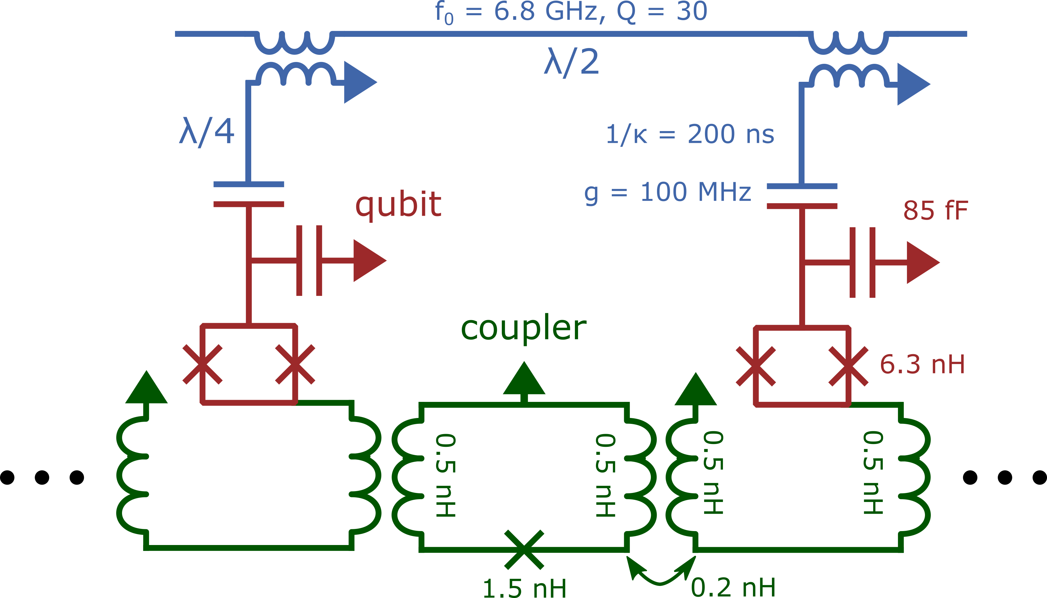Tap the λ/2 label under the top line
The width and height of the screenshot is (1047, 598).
(x=571, y=62)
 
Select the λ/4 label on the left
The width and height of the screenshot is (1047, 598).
(x=207, y=131)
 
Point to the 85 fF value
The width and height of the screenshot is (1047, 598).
(x=935, y=210)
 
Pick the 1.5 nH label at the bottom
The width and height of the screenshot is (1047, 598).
(x=524, y=587)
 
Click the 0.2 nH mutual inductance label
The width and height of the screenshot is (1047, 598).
(x=733, y=587)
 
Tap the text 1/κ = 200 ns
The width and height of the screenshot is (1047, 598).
(x=690, y=134)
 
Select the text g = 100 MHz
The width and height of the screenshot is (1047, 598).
(x=668, y=192)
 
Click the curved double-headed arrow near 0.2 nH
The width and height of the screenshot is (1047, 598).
(x=661, y=573)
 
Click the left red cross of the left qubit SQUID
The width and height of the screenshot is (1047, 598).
(x=202, y=364)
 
